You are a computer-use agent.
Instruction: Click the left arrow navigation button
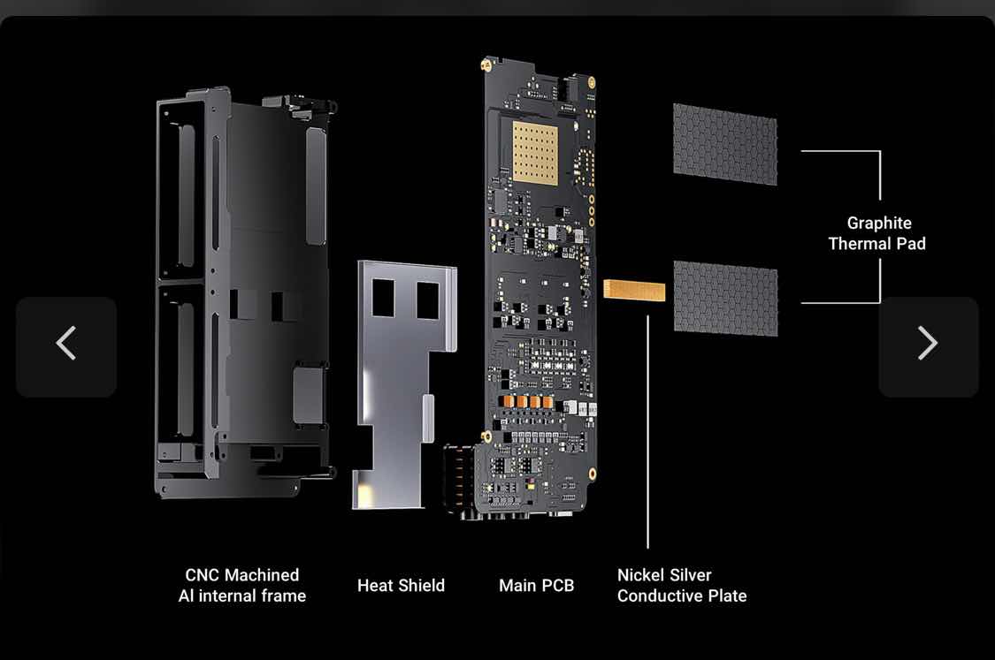pyautogui.click(x=66, y=346)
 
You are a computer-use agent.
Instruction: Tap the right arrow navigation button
pyautogui.click(x=929, y=346)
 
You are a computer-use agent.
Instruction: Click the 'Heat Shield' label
pyautogui.click(x=401, y=585)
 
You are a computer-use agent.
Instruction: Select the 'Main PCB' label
pyautogui.click(x=536, y=585)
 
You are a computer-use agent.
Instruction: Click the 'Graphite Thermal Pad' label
pyautogui.click(x=877, y=233)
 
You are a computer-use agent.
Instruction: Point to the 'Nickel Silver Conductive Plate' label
pyautogui.click(x=682, y=585)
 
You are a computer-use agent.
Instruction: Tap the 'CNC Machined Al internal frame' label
pyautogui.click(x=241, y=585)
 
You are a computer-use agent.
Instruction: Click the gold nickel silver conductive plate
pyautogui.click(x=634, y=290)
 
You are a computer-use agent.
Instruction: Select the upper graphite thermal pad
pyautogui.click(x=724, y=145)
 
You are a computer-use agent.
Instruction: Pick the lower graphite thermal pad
pyautogui.click(x=725, y=298)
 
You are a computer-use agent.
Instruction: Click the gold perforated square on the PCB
pyautogui.click(x=535, y=153)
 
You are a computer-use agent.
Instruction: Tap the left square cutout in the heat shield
pyautogui.click(x=383, y=298)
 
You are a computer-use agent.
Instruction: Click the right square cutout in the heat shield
pyautogui.click(x=428, y=300)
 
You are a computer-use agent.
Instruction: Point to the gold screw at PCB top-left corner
pyautogui.click(x=486, y=64)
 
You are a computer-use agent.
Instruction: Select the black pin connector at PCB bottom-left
pyautogui.click(x=459, y=478)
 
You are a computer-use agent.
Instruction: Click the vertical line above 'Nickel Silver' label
pyautogui.click(x=648, y=432)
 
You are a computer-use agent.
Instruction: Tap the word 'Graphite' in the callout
pyautogui.click(x=879, y=224)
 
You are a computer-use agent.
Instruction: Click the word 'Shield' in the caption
pyautogui.click(x=422, y=585)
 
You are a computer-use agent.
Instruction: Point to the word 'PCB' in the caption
pyautogui.click(x=557, y=585)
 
